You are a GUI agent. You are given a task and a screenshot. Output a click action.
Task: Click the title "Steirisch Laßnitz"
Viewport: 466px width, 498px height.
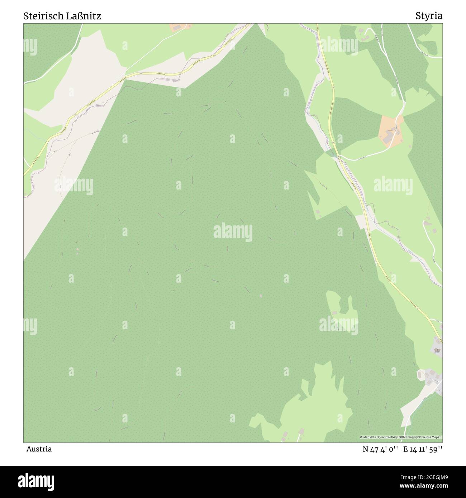[x=62, y=16]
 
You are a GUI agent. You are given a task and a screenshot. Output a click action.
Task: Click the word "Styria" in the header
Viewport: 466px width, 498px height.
[x=429, y=16]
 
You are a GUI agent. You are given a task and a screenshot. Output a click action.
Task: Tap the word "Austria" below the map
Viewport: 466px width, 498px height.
[x=39, y=449]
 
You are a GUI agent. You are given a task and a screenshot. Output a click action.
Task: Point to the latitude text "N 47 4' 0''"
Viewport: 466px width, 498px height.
[x=380, y=449]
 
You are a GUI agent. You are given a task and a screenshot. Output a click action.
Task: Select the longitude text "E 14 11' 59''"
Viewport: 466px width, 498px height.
[x=423, y=449]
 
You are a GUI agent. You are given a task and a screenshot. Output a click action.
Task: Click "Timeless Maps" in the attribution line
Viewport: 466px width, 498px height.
[x=432, y=437]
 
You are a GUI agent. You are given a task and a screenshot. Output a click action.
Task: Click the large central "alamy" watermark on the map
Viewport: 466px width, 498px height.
[x=233, y=231]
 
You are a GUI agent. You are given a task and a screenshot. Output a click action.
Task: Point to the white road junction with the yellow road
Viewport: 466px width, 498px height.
[x=338, y=156]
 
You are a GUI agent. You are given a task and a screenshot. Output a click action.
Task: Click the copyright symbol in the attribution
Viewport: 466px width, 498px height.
[x=361, y=437]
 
